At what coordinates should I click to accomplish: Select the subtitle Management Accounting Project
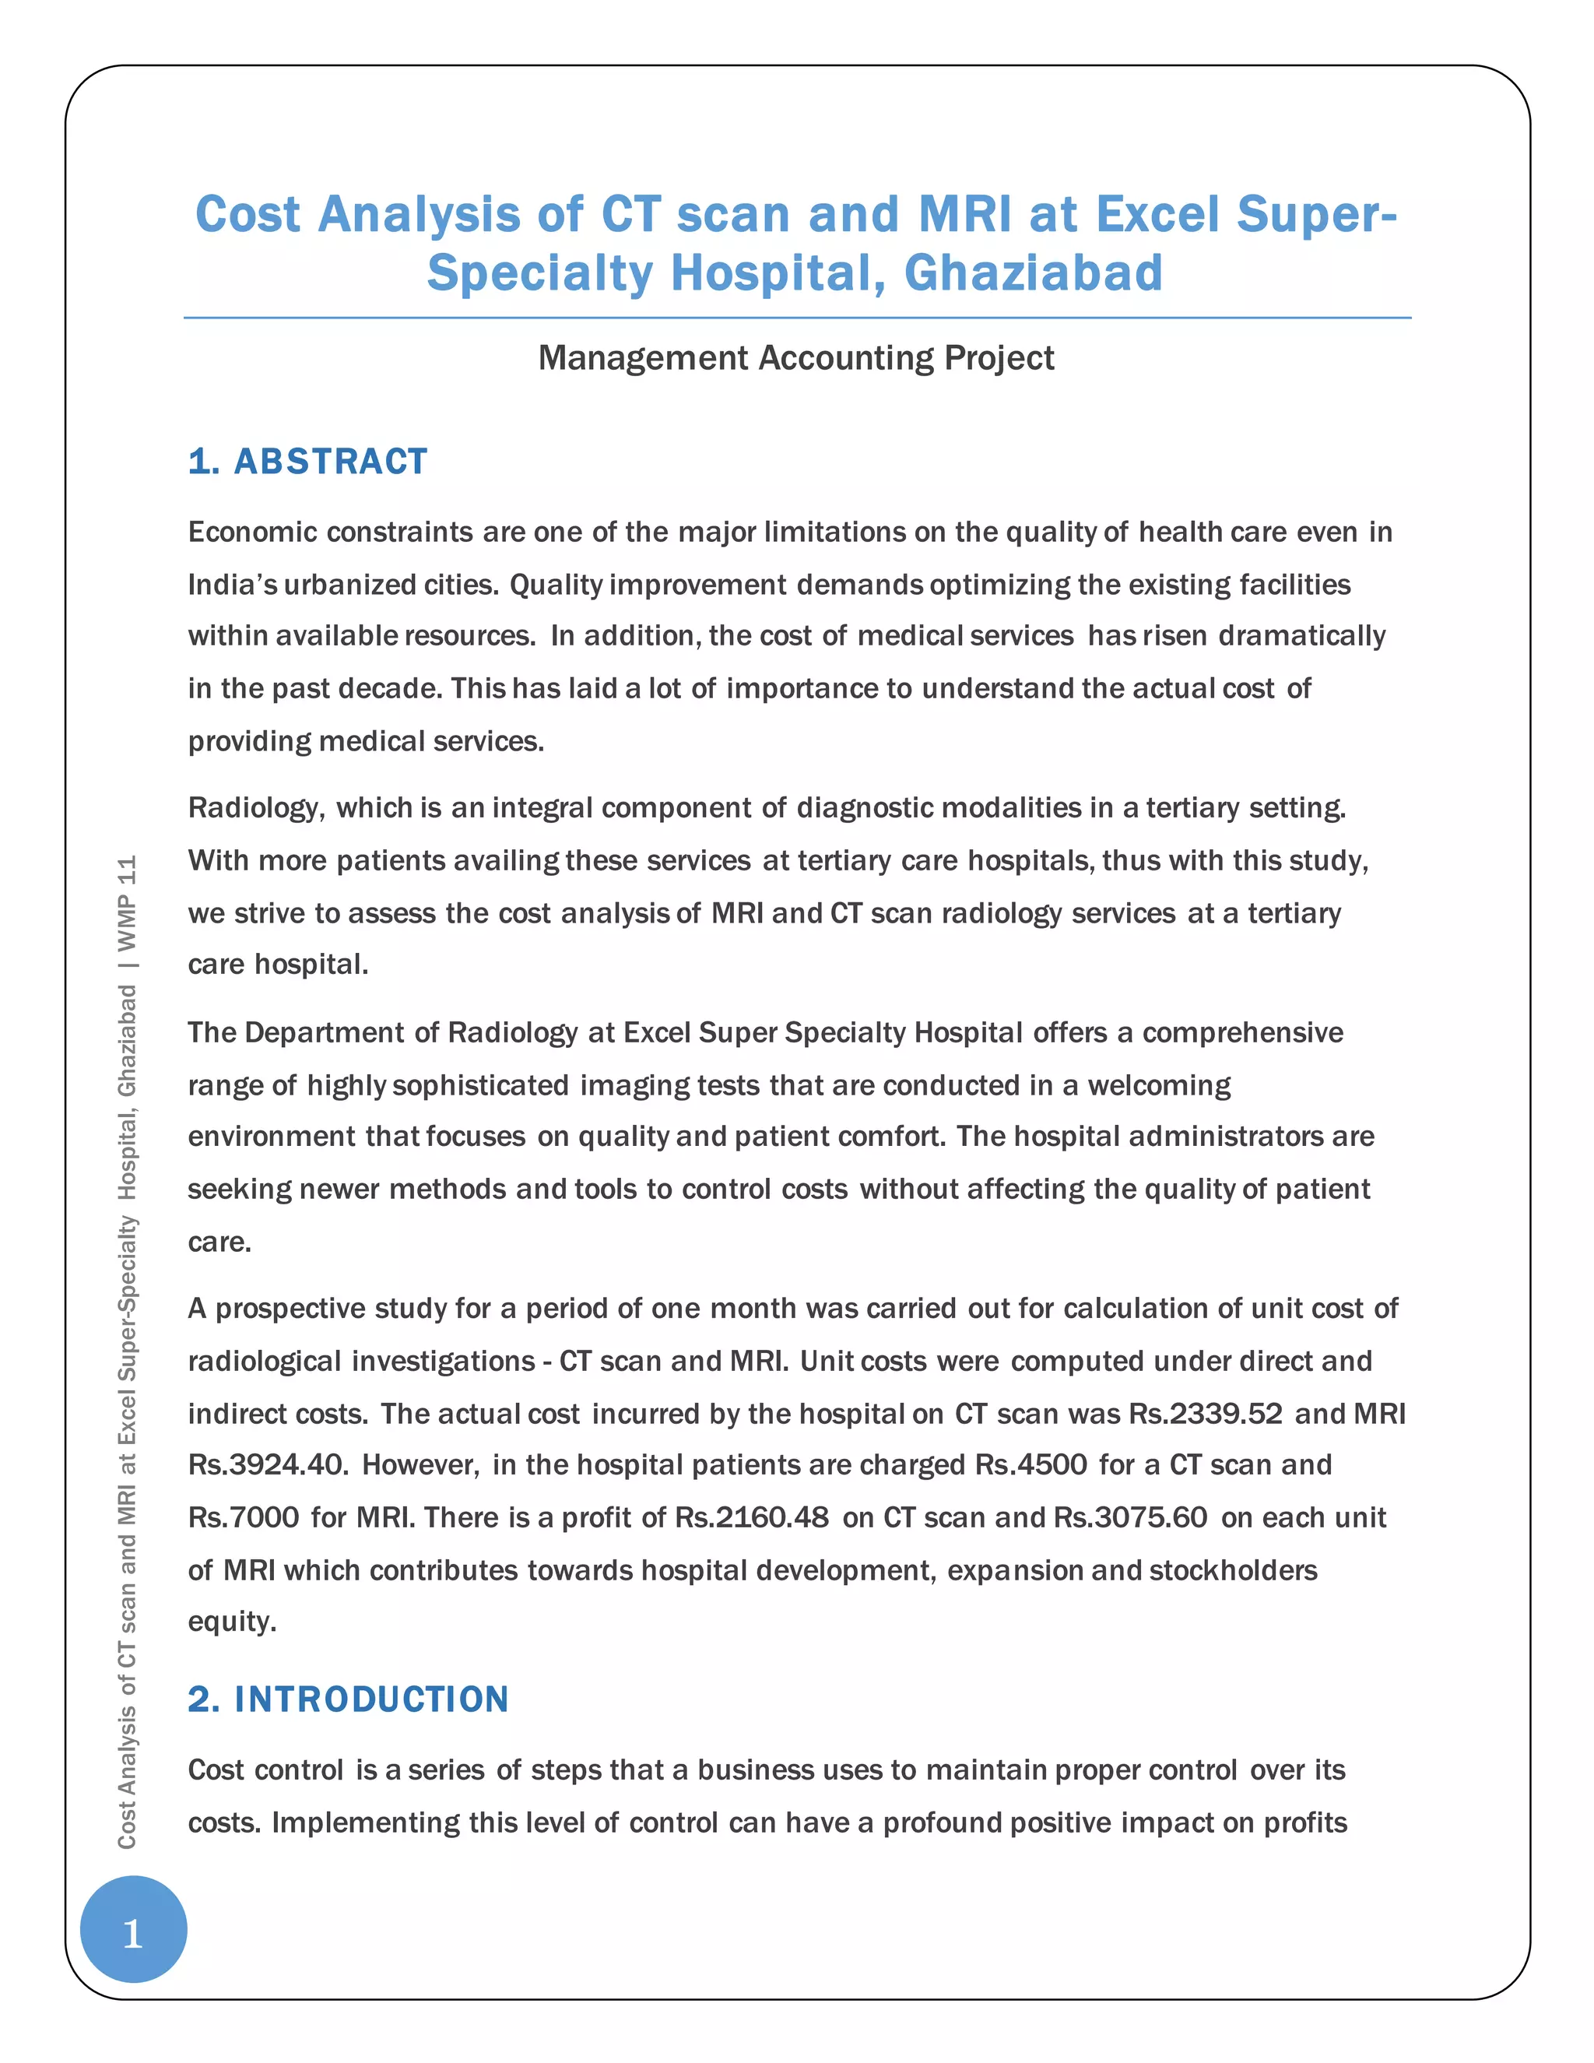point(796,358)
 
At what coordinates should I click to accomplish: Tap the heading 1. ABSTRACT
point(308,462)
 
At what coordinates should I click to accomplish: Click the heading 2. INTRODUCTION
point(349,1699)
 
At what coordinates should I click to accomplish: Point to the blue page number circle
point(133,1929)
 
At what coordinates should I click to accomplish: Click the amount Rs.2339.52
point(1205,1413)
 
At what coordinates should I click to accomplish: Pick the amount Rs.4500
point(1031,1465)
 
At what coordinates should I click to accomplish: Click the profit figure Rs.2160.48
point(752,1518)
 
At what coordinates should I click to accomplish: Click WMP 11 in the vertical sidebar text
point(128,904)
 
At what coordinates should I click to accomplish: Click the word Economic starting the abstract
point(251,532)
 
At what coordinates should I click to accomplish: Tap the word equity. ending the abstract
point(232,1622)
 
